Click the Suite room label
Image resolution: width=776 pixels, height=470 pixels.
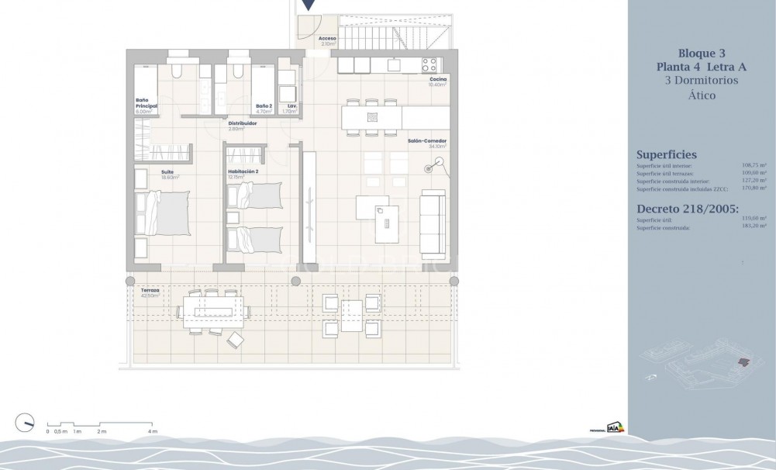pos(167,171)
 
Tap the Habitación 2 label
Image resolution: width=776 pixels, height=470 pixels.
pos(243,171)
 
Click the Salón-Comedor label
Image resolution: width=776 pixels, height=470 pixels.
pos(428,141)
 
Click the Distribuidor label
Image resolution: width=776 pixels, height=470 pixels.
pos(243,123)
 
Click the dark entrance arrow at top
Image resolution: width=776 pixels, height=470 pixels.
pos(309,5)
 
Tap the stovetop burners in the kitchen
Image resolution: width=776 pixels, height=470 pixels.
pos(429,65)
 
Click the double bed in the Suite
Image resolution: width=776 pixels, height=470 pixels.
pos(162,214)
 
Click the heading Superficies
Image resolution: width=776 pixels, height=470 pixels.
pos(666,154)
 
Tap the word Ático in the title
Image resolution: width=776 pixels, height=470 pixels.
pos(702,95)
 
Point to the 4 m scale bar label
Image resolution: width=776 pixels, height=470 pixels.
pos(152,431)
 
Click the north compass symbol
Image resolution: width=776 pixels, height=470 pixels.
pos(26,423)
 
